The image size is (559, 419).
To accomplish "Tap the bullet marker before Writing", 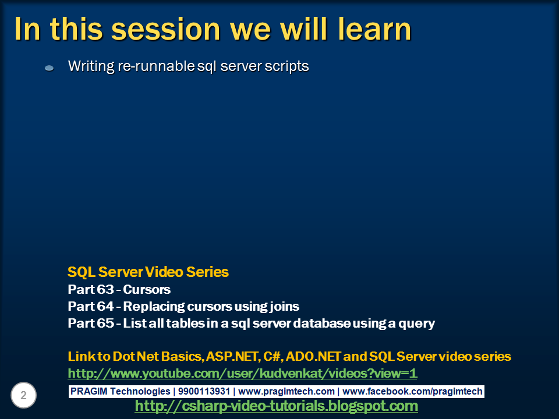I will [x=49, y=68].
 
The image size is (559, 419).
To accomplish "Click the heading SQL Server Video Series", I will [x=148, y=272].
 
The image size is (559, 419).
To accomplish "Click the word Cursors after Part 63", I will [x=147, y=289].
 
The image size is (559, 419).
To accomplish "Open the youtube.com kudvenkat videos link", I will [x=242, y=373].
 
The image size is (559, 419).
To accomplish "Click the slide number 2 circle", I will [x=24, y=396].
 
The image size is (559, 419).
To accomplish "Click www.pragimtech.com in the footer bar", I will [x=286, y=392].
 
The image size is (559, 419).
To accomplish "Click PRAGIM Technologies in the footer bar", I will [x=121, y=392].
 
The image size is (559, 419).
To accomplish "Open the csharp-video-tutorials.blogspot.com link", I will [x=276, y=406].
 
